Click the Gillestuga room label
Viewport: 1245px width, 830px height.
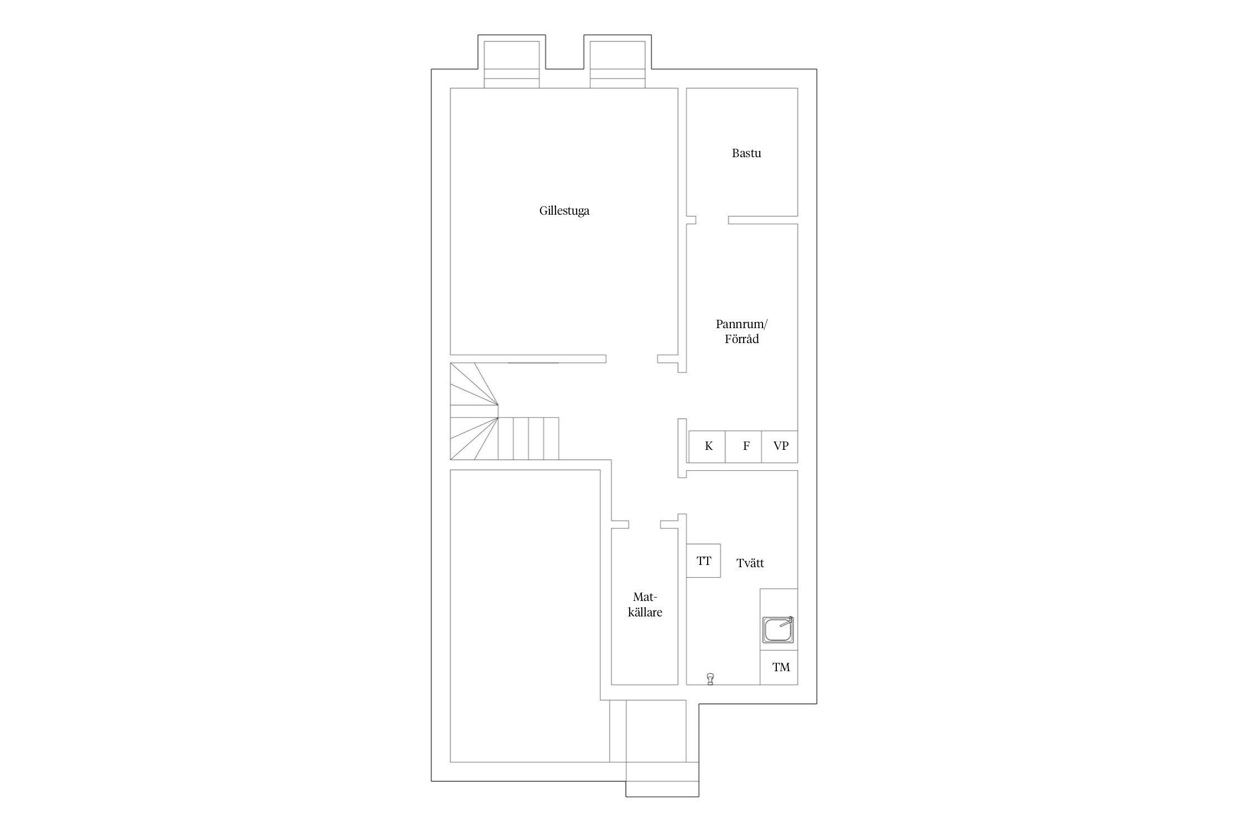pyautogui.click(x=564, y=211)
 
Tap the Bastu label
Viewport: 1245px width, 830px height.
pyautogui.click(x=746, y=153)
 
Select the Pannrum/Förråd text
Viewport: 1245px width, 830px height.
pyautogui.click(x=741, y=331)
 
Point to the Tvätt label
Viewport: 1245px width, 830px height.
pyautogui.click(x=750, y=563)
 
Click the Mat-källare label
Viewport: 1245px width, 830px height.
pyautogui.click(x=645, y=605)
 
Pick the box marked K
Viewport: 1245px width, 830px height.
pyautogui.click(x=707, y=447)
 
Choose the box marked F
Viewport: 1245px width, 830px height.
pyautogui.click(x=744, y=447)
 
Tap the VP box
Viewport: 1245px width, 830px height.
pyautogui.click(x=780, y=447)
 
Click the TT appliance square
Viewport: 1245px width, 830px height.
pyautogui.click(x=703, y=561)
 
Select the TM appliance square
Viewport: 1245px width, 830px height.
pyautogui.click(x=779, y=667)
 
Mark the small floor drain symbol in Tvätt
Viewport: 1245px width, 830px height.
pyautogui.click(x=710, y=678)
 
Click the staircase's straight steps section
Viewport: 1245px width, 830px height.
pyautogui.click(x=528, y=438)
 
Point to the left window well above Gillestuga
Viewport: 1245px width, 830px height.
pyautogui.click(x=512, y=64)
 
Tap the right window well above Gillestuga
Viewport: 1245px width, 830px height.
pyautogui.click(x=618, y=64)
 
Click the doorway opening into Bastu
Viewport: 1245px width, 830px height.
pyautogui.click(x=712, y=220)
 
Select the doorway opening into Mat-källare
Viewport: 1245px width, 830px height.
pyautogui.click(x=645, y=525)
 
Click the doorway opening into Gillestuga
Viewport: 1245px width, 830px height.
pyautogui.click(x=632, y=359)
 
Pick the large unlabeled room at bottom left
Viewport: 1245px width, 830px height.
pyautogui.click(x=525, y=616)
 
